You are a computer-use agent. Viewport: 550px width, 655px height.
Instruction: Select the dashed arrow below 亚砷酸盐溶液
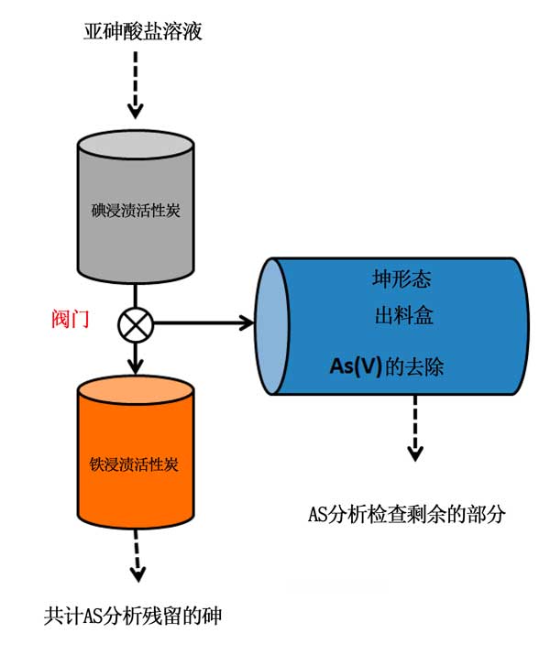point(136,85)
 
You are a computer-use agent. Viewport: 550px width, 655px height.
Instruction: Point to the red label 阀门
point(71,320)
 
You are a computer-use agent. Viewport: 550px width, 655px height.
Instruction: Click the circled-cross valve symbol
point(136,323)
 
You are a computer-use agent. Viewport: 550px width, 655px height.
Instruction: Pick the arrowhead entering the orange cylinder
point(136,364)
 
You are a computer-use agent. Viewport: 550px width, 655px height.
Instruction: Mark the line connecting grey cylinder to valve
point(136,294)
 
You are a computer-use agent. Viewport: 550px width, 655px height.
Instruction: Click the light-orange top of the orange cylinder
point(136,388)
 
